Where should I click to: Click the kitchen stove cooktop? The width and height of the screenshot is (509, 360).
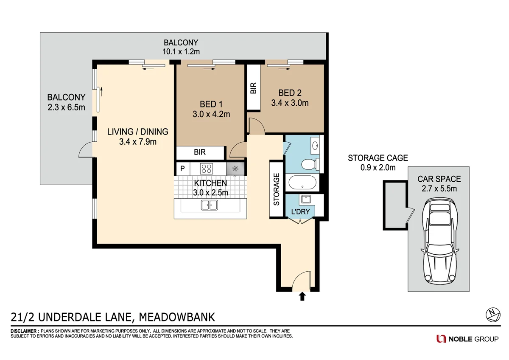[207, 169]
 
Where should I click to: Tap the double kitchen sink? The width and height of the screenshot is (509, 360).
[209, 205]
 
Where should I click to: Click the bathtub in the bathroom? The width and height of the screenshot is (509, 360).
[302, 183]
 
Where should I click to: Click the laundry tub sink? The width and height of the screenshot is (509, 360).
[305, 199]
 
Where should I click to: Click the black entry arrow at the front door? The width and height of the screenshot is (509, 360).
[302, 296]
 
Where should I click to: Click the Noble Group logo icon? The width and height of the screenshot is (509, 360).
[441, 338]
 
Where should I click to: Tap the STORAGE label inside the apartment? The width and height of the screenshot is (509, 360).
[277, 189]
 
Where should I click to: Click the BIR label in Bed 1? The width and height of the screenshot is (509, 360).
[200, 152]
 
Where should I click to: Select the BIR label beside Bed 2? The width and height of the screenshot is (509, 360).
[254, 88]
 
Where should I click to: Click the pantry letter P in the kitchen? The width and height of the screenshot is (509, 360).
[182, 169]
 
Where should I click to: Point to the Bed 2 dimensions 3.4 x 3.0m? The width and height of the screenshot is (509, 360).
[290, 103]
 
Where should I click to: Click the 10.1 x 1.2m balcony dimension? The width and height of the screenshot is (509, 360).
[181, 51]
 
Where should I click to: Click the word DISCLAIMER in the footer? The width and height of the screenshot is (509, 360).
[24, 331]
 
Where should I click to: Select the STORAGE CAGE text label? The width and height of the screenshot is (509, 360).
[378, 158]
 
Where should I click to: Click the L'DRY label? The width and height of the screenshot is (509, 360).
[299, 212]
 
